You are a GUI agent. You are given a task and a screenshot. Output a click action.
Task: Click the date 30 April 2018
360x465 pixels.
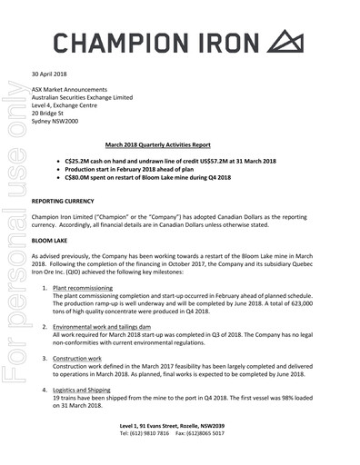pos(51,74)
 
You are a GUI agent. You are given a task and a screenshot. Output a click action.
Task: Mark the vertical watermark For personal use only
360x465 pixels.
pos(14,272)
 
